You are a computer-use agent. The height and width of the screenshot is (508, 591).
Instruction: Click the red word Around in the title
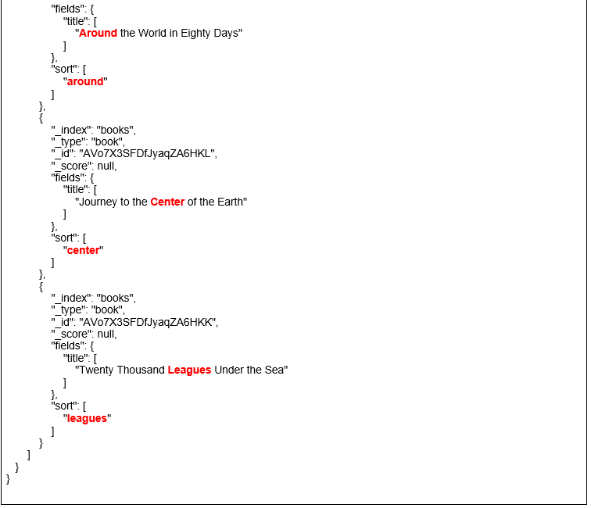pyautogui.click(x=98, y=34)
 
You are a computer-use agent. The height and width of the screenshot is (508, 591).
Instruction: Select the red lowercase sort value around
pyautogui.click(x=84, y=82)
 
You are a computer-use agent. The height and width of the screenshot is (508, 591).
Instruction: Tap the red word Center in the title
pyautogui.click(x=167, y=202)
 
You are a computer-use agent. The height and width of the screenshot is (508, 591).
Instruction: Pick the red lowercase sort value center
pyautogui.click(x=84, y=251)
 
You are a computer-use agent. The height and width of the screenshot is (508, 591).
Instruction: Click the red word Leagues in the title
pyautogui.click(x=189, y=370)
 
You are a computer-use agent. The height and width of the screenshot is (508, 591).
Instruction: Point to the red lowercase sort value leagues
pyautogui.click(x=87, y=419)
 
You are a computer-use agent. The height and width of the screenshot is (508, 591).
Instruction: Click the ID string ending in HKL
pyautogui.click(x=149, y=154)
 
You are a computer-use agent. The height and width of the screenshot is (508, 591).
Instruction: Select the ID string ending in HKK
pyautogui.click(x=149, y=323)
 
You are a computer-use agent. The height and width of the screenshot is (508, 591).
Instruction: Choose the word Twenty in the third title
pyautogui.click(x=95, y=370)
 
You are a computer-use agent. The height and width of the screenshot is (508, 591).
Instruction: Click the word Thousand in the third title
pyautogui.click(x=141, y=370)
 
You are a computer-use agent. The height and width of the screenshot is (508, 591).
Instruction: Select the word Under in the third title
pyautogui.click(x=231, y=370)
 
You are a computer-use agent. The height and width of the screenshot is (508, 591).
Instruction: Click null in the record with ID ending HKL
pyautogui.click(x=106, y=166)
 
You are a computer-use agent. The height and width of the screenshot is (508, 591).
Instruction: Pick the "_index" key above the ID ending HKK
pyautogui.click(x=72, y=299)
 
